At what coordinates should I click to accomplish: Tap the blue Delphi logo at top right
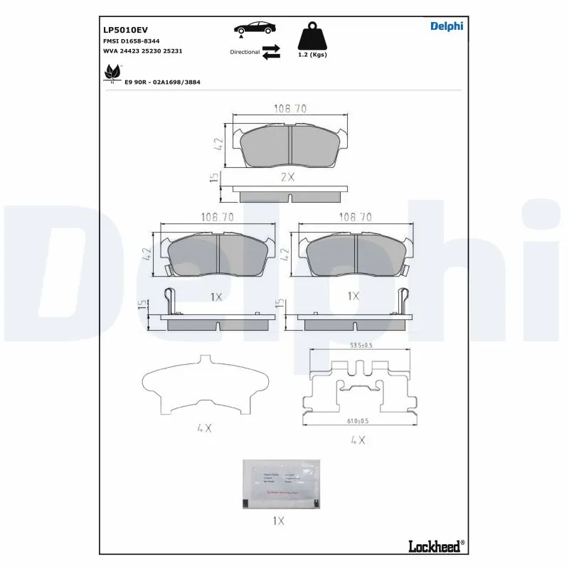click(447, 26)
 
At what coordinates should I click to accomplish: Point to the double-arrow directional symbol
click(271, 52)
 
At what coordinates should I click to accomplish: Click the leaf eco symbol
click(112, 72)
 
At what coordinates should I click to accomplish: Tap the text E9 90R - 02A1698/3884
click(162, 83)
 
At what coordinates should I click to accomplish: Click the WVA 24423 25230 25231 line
click(144, 52)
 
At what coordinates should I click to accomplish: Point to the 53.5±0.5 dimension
click(361, 346)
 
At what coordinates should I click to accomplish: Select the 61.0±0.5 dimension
click(361, 421)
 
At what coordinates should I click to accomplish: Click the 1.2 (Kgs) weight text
click(312, 55)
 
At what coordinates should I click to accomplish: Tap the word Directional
click(245, 52)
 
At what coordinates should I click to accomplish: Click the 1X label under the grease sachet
click(278, 521)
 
